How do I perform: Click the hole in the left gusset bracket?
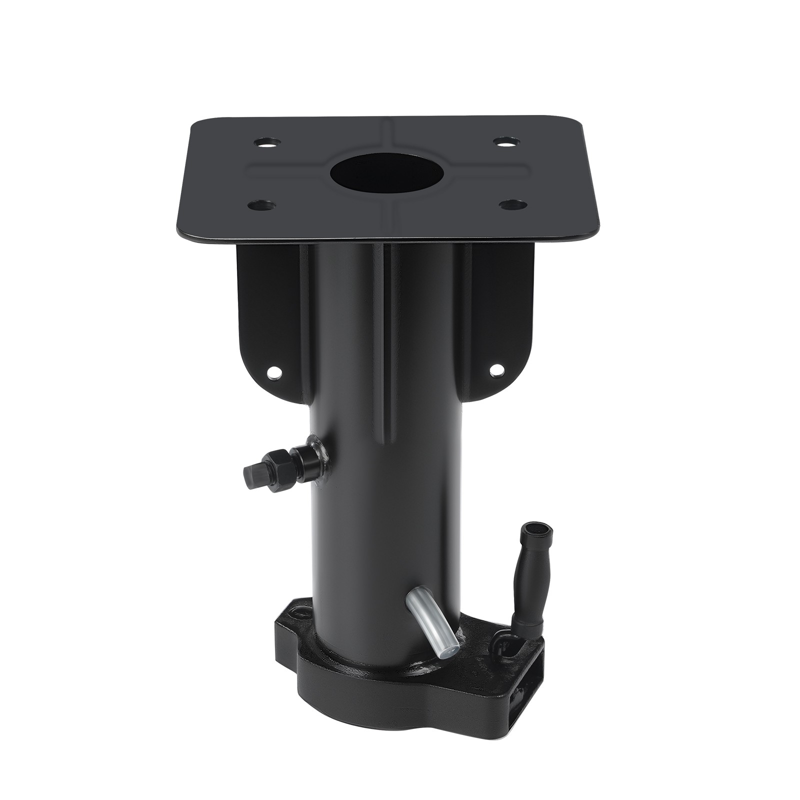tap(273, 371)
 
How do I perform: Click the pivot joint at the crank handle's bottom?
tap(502, 641)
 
